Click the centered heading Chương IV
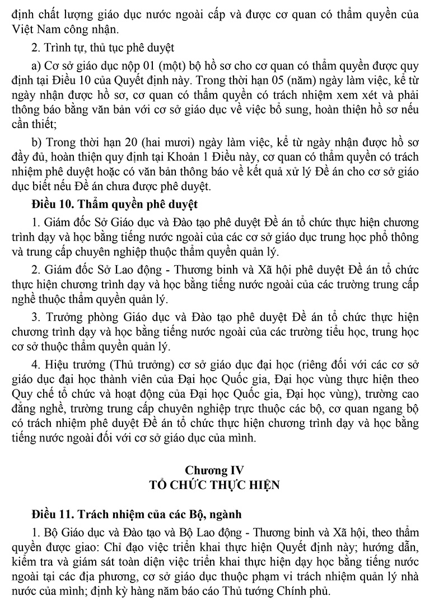[x=224, y=469]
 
